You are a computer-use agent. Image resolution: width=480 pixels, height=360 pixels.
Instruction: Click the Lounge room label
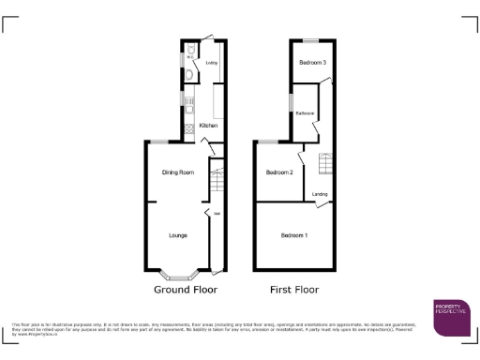tap(177, 234)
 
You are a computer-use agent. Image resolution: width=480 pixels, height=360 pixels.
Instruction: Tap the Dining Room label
tap(177, 172)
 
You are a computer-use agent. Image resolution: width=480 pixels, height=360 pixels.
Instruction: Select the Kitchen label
tap(208, 125)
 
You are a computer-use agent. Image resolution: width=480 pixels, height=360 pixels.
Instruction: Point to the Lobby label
tap(212, 64)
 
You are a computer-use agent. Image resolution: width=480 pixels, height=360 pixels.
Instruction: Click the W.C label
tap(189, 58)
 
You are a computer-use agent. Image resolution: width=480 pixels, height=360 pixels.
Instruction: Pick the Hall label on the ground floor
tap(217, 213)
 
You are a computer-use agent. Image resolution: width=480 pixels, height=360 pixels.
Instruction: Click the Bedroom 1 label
tap(294, 234)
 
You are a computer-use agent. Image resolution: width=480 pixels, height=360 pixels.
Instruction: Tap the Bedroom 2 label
tap(279, 172)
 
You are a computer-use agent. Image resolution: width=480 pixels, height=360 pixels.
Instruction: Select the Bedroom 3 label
tap(312, 63)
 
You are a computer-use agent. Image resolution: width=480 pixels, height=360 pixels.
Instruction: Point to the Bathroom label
tap(305, 112)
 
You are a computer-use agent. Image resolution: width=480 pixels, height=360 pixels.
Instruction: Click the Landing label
tap(320, 194)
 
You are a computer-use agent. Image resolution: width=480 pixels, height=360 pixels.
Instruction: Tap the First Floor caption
tap(294, 290)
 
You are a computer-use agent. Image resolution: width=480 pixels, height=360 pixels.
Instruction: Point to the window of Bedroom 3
tap(309, 40)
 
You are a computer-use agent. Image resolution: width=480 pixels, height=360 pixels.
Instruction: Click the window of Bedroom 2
tap(266, 142)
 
